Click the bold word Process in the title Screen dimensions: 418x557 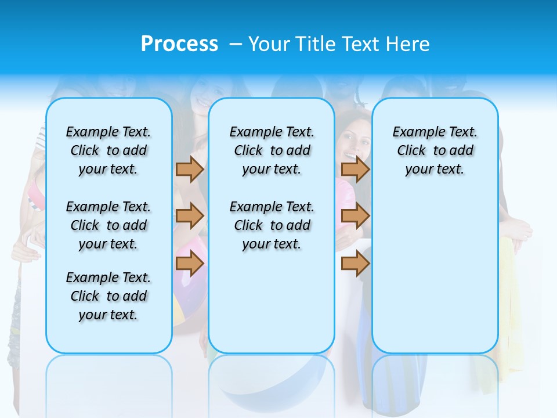pyautogui.click(x=179, y=44)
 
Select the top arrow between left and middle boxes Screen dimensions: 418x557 pyautogui.click(x=190, y=169)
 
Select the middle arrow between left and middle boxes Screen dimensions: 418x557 pyautogui.click(x=190, y=216)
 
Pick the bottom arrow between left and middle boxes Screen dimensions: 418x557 pyautogui.click(x=190, y=264)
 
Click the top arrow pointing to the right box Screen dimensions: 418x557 pyautogui.click(x=355, y=169)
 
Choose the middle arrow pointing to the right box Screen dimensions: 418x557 pyautogui.click(x=355, y=216)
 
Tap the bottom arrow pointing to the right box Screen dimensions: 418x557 pyautogui.click(x=355, y=264)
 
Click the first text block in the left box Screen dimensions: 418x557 pyautogui.click(x=108, y=150)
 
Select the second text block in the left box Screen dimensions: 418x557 pyautogui.click(x=108, y=225)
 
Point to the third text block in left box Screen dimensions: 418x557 pyautogui.click(x=108, y=296)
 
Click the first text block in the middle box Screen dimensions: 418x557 pyautogui.click(x=272, y=150)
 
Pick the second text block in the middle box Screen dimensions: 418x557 pyautogui.click(x=272, y=225)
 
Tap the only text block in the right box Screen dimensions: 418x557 pyautogui.click(x=435, y=150)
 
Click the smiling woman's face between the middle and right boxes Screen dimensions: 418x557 pyautogui.click(x=352, y=141)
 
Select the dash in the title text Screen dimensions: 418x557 pyautogui.click(x=236, y=44)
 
